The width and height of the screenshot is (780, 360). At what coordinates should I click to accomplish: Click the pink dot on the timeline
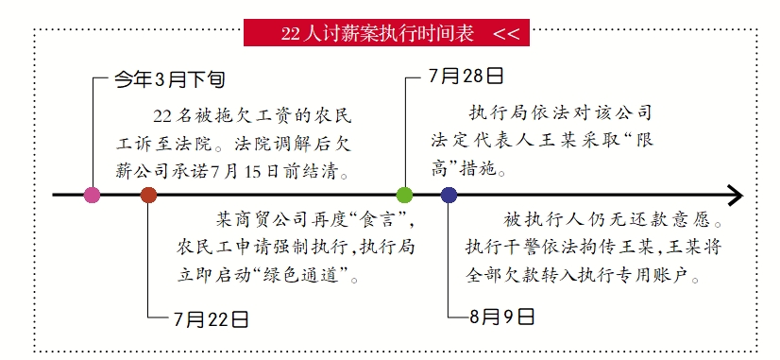(x=92, y=196)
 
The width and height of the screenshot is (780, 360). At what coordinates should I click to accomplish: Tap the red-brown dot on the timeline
(x=148, y=196)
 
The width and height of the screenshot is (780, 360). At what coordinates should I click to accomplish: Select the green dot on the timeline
(x=404, y=196)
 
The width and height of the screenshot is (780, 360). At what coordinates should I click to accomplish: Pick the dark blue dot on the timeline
(x=449, y=196)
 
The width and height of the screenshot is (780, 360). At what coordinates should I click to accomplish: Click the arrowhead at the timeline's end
(x=734, y=196)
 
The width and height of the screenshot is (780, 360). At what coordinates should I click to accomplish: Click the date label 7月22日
(x=212, y=318)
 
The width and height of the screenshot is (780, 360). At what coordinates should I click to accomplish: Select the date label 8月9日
(x=502, y=316)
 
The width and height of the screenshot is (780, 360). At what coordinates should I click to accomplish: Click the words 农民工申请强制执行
(x=241, y=249)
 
